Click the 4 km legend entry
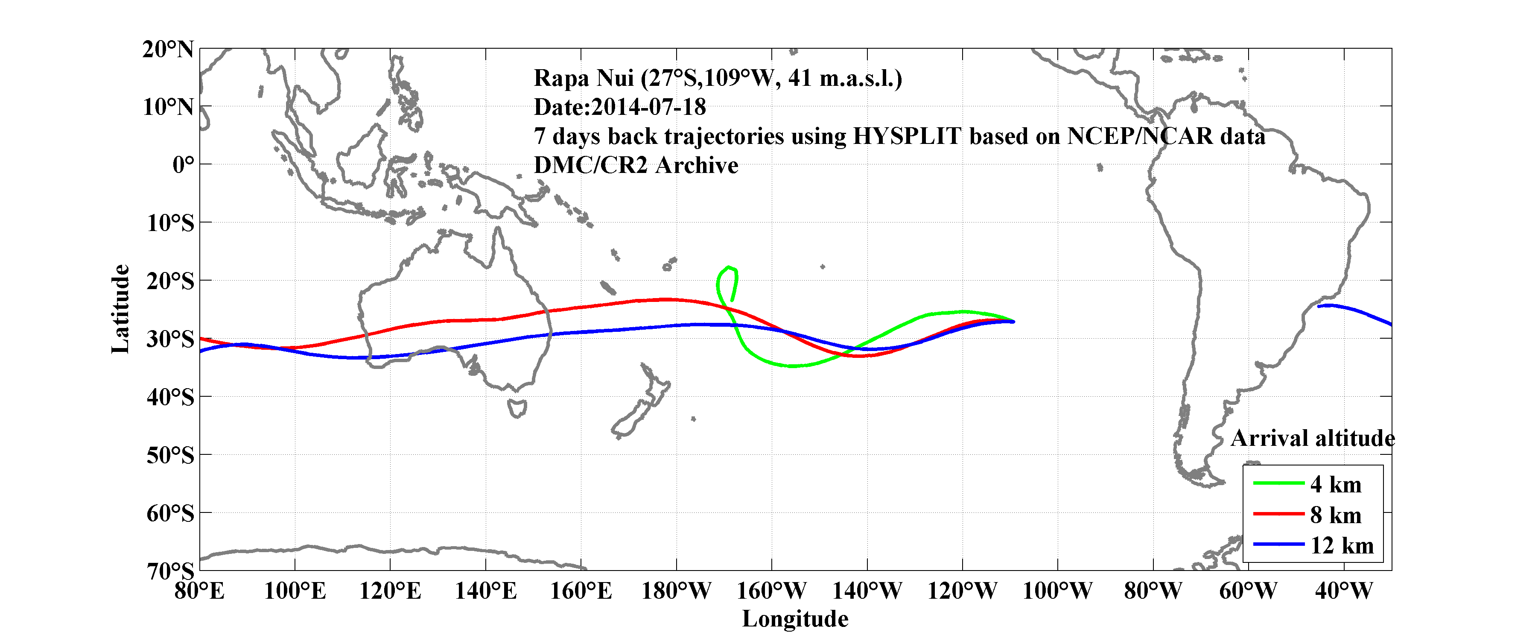(1336, 484)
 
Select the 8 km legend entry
(1336, 515)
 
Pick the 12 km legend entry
(1342, 545)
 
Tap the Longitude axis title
(795, 619)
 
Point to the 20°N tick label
(168, 49)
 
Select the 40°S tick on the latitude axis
(170, 397)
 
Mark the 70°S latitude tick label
(170, 571)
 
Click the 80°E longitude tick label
(199, 591)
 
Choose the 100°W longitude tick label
(1057, 591)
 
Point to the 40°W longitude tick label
(1343, 591)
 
